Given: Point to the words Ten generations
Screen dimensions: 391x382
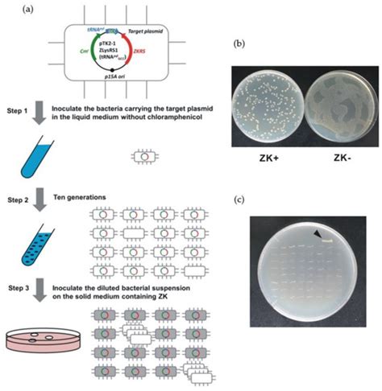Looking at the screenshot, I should [x=89, y=195].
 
